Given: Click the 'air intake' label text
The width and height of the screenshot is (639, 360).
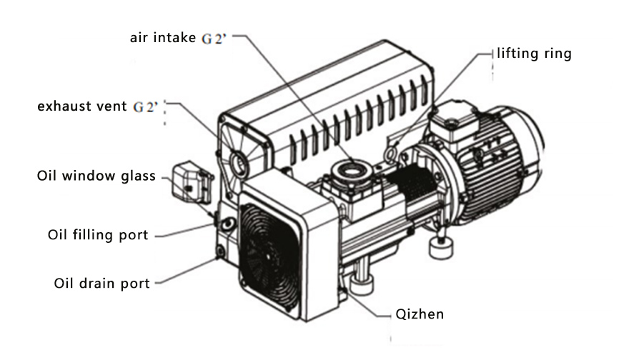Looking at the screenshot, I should pyautogui.click(x=162, y=37).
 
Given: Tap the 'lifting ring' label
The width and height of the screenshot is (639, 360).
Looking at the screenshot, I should pyautogui.click(x=535, y=54).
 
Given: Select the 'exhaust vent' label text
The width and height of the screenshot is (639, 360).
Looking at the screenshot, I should pyautogui.click(x=83, y=107).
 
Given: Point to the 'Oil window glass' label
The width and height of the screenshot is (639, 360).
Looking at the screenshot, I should pyautogui.click(x=96, y=176).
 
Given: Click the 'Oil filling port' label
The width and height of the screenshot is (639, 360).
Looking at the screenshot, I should pyautogui.click(x=98, y=235).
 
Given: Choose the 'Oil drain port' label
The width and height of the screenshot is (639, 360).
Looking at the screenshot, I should pyautogui.click(x=101, y=284).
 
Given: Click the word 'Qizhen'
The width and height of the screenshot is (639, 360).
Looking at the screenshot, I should pyautogui.click(x=420, y=314).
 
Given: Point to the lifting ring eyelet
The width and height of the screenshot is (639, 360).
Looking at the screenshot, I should pyautogui.click(x=391, y=152).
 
